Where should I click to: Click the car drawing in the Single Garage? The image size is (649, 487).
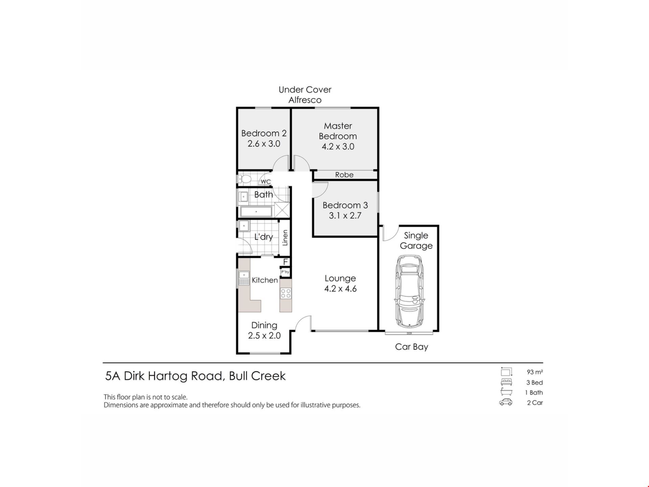tap(409, 291)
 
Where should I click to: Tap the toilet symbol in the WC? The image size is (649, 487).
tap(244, 179)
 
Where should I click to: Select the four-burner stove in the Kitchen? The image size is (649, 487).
tap(286, 293)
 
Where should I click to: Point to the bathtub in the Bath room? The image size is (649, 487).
tap(256, 212)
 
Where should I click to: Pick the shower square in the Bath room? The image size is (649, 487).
tap(282, 210)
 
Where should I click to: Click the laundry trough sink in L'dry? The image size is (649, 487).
tap(244, 226)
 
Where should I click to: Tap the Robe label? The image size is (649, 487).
tap(344, 175)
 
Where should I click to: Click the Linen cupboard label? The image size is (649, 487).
tap(285, 238)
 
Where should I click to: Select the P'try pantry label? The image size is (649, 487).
tap(285, 272)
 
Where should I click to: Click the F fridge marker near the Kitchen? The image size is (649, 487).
tap(286, 262)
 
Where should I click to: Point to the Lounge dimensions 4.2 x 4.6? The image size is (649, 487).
tap(340, 288)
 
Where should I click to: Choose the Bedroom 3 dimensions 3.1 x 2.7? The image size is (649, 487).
tap(345, 215)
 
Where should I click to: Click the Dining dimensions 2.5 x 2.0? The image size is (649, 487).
tap(264, 335)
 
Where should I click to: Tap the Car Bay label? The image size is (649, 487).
tap(412, 347)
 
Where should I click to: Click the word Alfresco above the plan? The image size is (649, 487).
tap(305, 100)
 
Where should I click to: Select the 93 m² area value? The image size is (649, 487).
tap(535, 372)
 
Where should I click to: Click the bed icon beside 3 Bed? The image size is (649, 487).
tap(506, 382)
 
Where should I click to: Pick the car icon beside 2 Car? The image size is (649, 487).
tap(506, 402)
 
